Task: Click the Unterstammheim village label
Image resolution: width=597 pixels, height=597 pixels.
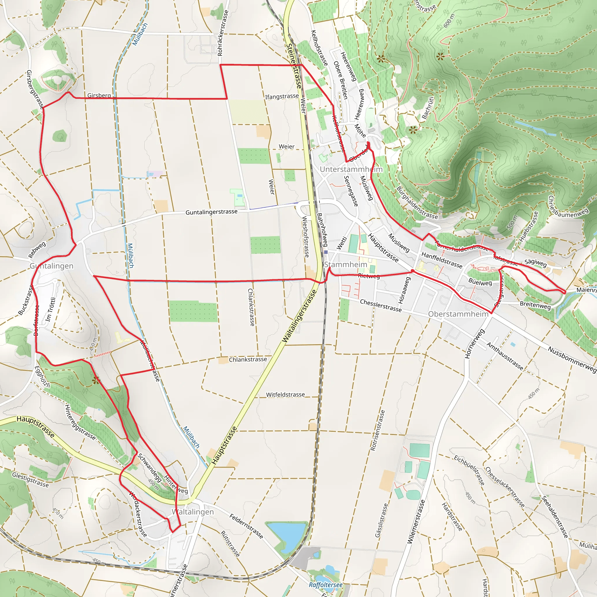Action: point(351,169)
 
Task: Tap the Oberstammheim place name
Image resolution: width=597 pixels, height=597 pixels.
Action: point(458,314)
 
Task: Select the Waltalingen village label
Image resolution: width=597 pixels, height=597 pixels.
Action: point(193,512)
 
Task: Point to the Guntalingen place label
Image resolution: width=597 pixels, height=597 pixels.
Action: point(52,266)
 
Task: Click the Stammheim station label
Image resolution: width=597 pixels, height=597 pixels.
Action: point(345,264)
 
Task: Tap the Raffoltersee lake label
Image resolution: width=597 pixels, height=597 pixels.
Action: point(326,585)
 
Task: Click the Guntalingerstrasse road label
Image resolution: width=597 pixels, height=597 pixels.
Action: point(211,212)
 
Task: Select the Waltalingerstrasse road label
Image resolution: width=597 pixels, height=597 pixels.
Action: point(299,316)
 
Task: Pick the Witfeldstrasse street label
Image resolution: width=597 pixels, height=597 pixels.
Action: point(285,395)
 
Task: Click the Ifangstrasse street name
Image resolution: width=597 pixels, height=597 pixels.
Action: point(282,96)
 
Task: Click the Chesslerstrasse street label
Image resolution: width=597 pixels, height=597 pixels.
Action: point(381,305)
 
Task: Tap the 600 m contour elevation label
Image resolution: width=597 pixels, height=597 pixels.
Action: point(449,21)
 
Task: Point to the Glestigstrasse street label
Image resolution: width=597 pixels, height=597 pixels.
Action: point(30,479)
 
